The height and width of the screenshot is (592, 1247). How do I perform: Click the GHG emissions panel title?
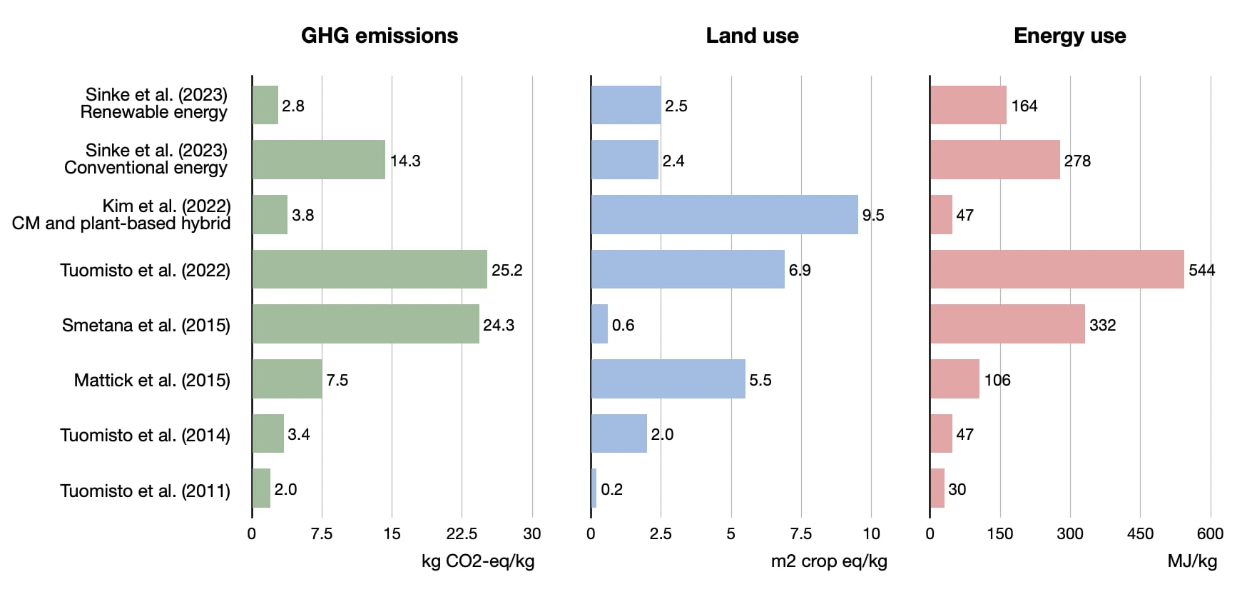coord(380,36)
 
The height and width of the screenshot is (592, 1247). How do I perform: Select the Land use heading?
coord(752,36)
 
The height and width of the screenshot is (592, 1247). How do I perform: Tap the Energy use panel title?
coord(1069,36)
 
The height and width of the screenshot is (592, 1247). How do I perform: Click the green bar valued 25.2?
coord(370,269)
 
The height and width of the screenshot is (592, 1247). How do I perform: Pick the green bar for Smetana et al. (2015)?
coord(366,324)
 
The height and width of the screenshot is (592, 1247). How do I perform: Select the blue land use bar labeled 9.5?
coord(725,214)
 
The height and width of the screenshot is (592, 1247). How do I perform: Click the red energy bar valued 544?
coord(1057,269)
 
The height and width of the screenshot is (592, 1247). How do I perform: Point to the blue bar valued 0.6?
coord(600,324)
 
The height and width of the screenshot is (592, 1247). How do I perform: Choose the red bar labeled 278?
coord(995,159)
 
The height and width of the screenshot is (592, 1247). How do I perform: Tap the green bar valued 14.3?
coord(319,159)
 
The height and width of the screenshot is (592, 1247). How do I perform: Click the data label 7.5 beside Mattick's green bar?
coord(337,380)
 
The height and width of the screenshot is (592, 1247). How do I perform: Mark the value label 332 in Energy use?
coord(1102,325)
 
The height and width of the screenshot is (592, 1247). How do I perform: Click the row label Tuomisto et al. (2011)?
coord(146,491)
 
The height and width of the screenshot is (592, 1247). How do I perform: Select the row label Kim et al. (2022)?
coord(167,206)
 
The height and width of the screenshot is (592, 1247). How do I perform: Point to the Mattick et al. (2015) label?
coord(152,380)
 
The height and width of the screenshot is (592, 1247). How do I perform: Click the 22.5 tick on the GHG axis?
coord(462,533)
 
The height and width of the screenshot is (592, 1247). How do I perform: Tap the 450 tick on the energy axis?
coord(1140,533)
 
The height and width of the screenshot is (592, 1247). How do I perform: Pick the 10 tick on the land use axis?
coord(871,533)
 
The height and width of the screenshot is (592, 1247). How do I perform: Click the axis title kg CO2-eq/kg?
coord(478,561)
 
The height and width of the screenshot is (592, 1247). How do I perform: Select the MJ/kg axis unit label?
coord(1192,561)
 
